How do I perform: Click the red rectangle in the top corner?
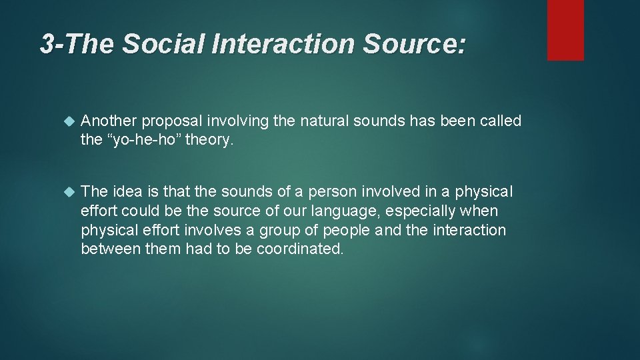(565, 30)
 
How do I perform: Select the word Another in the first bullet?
(108, 121)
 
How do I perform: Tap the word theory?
(211, 140)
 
